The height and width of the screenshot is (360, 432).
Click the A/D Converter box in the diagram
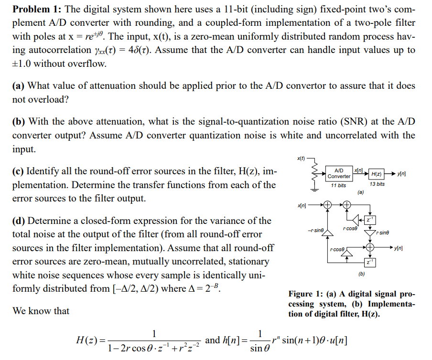[x=339, y=173]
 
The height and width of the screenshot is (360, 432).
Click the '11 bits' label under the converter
[x=338, y=185]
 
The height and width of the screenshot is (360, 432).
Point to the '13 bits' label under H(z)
[x=377, y=184]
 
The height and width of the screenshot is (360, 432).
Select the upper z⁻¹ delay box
[x=370, y=219]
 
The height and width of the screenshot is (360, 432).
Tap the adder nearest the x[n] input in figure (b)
[x=328, y=206]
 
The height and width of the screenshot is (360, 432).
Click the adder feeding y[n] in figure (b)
[x=369, y=248]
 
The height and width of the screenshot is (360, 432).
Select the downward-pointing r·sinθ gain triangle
[x=369, y=233]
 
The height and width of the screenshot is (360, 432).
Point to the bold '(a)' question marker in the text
[x=19, y=86]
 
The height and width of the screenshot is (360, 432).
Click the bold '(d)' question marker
[x=19, y=221]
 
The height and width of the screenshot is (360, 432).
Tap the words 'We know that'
[x=41, y=311]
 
